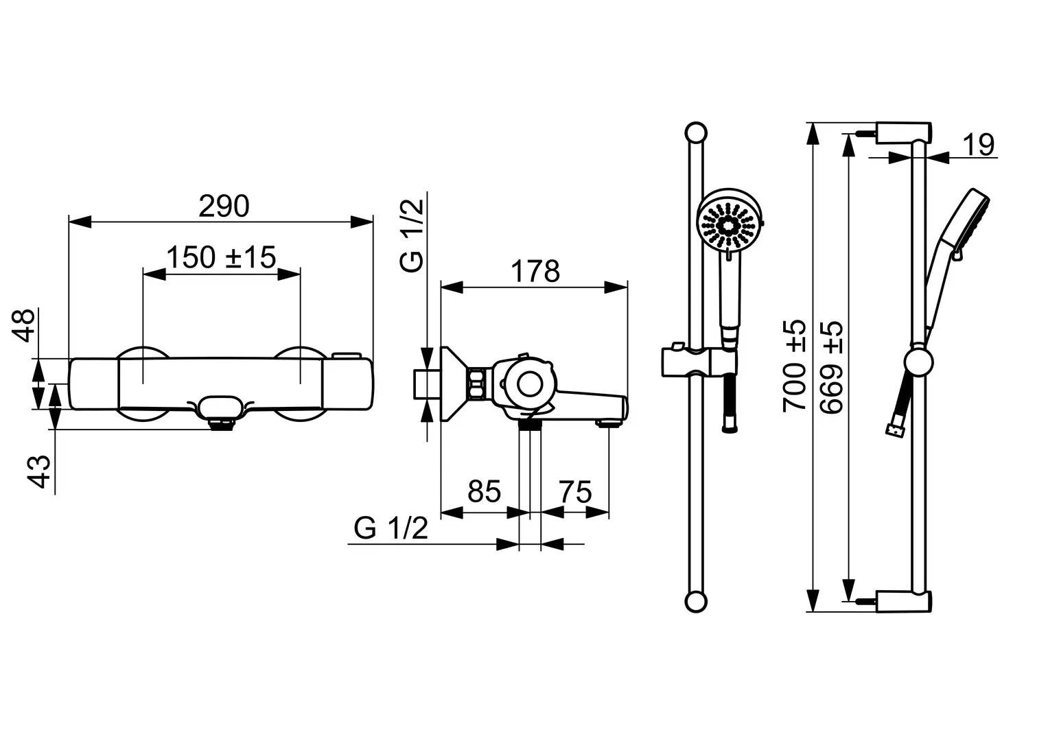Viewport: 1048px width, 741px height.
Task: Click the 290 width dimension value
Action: tap(224, 207)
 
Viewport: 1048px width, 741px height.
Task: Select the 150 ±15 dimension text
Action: tap(221, 257)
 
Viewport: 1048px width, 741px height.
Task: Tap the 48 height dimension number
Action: tap(23, 326)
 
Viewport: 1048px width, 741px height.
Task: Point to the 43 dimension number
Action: tap(38, 471)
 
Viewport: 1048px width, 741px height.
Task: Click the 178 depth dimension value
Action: tap(535, 271)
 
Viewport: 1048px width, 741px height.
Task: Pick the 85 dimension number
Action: tap(485, 492)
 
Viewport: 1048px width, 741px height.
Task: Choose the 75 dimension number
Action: tap(575, 492)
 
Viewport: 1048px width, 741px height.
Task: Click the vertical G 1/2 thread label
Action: tap(412, 235)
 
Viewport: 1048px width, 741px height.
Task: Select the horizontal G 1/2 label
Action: tap(391, 528)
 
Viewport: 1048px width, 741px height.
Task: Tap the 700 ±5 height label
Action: tap(795, 366)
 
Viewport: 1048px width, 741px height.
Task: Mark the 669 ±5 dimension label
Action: tap(831, 368)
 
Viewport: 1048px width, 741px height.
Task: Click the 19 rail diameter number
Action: tap(979, 145)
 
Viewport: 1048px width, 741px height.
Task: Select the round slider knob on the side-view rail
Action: tap(919, 362)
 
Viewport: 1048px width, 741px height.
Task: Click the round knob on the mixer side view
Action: tap(530, 384)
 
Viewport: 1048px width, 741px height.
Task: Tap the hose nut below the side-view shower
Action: tap(894, 430)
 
